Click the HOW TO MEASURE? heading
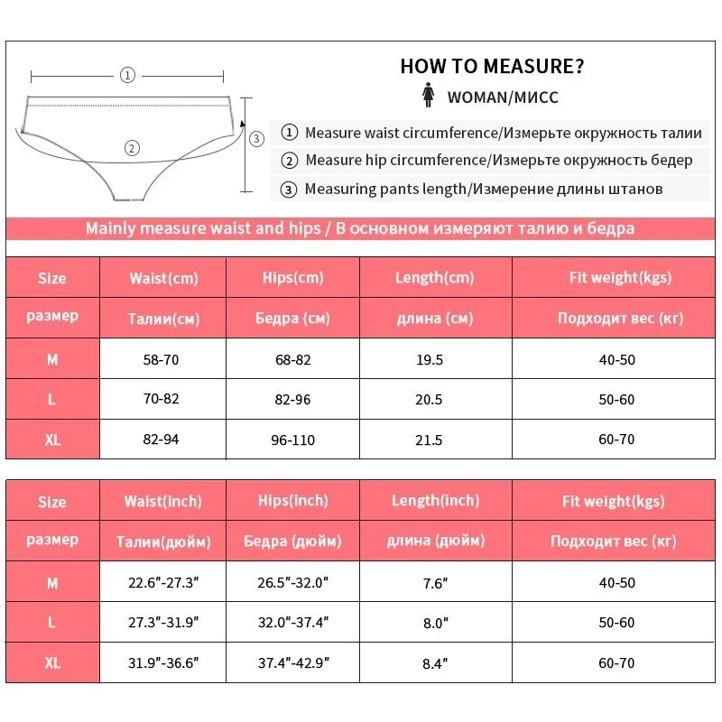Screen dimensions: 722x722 point(492,66)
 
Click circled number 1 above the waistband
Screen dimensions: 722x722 point(127,76)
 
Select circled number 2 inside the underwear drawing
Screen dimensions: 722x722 point(132,148)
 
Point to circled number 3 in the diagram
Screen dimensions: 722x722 point(255,138)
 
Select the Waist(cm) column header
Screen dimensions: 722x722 point(162,278)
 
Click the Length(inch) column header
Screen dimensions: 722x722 point(435,500)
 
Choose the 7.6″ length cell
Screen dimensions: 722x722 point(435,583)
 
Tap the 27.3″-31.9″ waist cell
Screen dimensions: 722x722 point(162,623)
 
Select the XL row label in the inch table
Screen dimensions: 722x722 point(52,663)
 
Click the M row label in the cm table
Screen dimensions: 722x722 point(52,359)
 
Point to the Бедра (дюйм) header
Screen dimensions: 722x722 point(292,541)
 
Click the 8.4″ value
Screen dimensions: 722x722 point(435,663)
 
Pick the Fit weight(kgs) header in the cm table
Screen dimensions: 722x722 point(619,278)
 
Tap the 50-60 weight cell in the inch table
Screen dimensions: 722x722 point(616,623)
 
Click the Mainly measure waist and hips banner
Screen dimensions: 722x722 point(359,228)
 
